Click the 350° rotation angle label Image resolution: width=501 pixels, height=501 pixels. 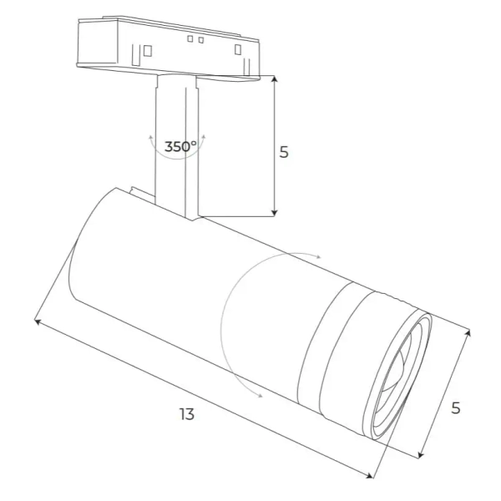(180, 147)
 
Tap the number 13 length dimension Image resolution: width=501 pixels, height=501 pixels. (186, 414)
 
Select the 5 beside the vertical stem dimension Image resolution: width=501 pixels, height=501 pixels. (284, 153)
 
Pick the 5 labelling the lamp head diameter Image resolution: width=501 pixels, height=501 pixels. (456, 407)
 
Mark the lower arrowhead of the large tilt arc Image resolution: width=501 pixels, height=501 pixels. (261, 395)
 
